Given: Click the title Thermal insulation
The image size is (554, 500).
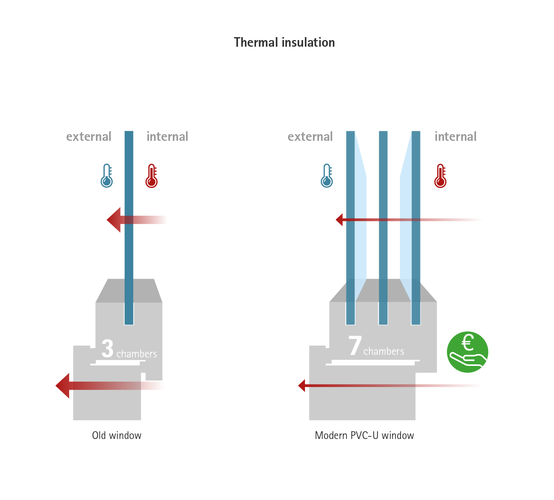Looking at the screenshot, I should [x=284, y=43].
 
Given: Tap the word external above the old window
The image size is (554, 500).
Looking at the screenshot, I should [x=89, y=137].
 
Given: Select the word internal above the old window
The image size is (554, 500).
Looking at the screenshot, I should [x=167, y=137].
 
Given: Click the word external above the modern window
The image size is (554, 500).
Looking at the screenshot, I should [x=310, y=137].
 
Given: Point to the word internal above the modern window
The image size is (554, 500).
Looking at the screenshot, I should [x=455, y=137].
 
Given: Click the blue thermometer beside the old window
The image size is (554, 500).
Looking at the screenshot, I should [x=107, y=176].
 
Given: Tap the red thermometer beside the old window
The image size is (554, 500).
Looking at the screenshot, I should [x=152, y=176].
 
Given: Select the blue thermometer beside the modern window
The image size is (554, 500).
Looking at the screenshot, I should [x=327, y=176].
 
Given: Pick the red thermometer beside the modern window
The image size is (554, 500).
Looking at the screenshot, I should [x=440, y=176].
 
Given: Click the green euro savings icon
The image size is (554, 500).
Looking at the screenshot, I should [x=467, y=352].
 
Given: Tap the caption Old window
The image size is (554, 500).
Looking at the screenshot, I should [x=117, y=436].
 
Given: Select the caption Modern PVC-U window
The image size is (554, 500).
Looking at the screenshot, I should [x=364, y=436].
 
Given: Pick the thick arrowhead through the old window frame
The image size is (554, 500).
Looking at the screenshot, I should [x=63, y=386].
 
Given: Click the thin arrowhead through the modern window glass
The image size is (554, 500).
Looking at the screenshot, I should [x=340, y=220].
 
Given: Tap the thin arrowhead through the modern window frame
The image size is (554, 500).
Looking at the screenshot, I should [x=302, y=386].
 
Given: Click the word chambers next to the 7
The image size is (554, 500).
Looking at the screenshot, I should [x=384, y=352].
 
